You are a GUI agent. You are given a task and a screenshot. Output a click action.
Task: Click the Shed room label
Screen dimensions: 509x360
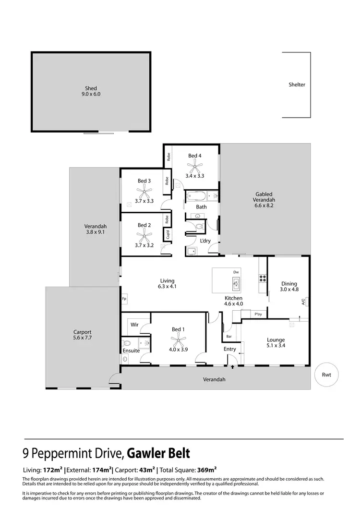[x=91, y=88]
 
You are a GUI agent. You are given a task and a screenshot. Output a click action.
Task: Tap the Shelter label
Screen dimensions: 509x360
[x=297, y=85]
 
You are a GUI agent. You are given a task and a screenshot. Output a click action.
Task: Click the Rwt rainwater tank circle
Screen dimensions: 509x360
[x=327, y=375]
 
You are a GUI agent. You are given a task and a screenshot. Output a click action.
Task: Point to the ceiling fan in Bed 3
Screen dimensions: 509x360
[x=144, y=193]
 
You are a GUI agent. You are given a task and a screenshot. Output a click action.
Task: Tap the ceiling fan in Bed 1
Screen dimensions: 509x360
[x=178, y=341]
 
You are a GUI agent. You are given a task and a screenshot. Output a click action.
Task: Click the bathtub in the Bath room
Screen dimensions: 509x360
[x=196, y=196]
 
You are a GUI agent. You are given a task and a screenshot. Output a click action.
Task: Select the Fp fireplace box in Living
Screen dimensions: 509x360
[x=124, y=298]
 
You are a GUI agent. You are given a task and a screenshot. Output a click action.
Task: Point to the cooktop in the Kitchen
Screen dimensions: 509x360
[x=263, y=278]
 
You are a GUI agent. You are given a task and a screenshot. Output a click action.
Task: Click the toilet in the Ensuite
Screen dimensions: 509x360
[x=127, y=343]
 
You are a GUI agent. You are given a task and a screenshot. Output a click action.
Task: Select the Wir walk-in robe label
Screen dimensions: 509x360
[x=135, y=325]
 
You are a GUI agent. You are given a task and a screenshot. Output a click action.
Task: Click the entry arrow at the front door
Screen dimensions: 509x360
[x=233, y=367]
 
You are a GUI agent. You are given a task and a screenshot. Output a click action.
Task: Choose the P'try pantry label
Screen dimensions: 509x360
[x=258, y=315]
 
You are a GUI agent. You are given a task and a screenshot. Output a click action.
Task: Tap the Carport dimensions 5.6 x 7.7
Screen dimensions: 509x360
[x=82, y=338]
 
